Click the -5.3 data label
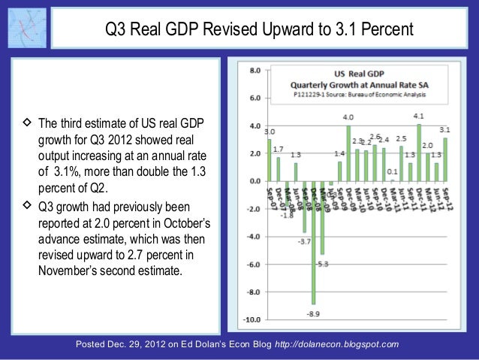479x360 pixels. pos(323,264)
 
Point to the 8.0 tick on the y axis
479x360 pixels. pos(255,70)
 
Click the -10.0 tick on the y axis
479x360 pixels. pos(253,319)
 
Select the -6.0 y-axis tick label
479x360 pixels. pos(255,264)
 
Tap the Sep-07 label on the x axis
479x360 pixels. pos(269,195)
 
